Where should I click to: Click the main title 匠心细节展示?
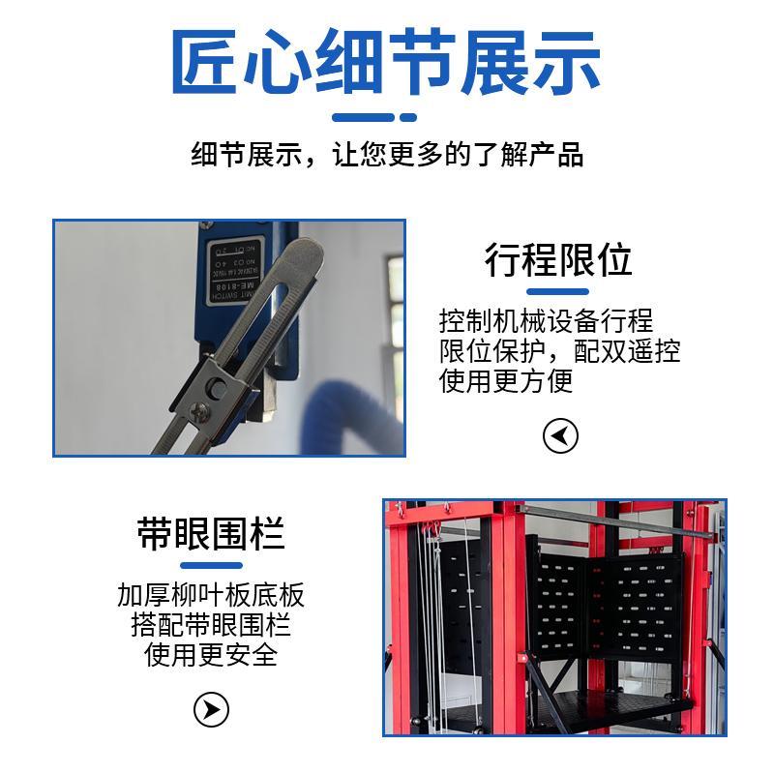point(386,64)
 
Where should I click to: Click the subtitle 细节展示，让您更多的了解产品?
point(387,155)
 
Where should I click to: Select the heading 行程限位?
point(558,260)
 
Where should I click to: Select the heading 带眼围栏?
point(211,533)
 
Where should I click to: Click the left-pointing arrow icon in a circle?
point(560,436)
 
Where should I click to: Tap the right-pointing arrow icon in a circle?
point(211,710)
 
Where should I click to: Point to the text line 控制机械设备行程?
point(546,321)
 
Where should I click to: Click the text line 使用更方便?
point(506,381)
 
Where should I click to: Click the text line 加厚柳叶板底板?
point(211,594)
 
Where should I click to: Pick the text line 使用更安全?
point(211,655)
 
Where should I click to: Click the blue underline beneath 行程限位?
point(558,291)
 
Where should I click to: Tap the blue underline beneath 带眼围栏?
point(211,565)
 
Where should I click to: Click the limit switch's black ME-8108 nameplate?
point(234,267)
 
